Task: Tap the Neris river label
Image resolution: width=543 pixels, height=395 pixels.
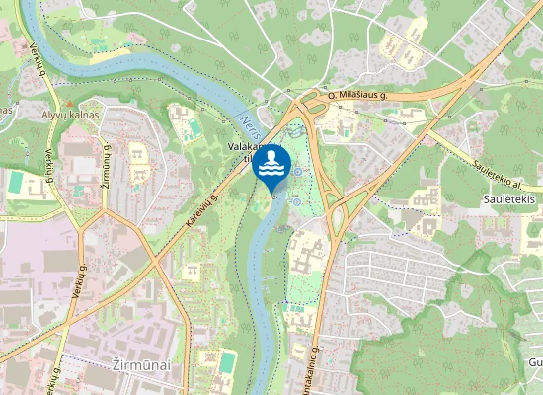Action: click(x=249, y=128)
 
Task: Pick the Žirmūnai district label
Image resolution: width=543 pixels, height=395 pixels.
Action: click(x=136, y=365)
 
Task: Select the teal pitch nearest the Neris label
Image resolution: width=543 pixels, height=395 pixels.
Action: click(x=194, y=128)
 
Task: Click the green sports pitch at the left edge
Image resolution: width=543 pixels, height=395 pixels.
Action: click(x=16, y=183)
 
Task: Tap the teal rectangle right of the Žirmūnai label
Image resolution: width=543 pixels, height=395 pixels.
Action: click(x=228, y=362)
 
